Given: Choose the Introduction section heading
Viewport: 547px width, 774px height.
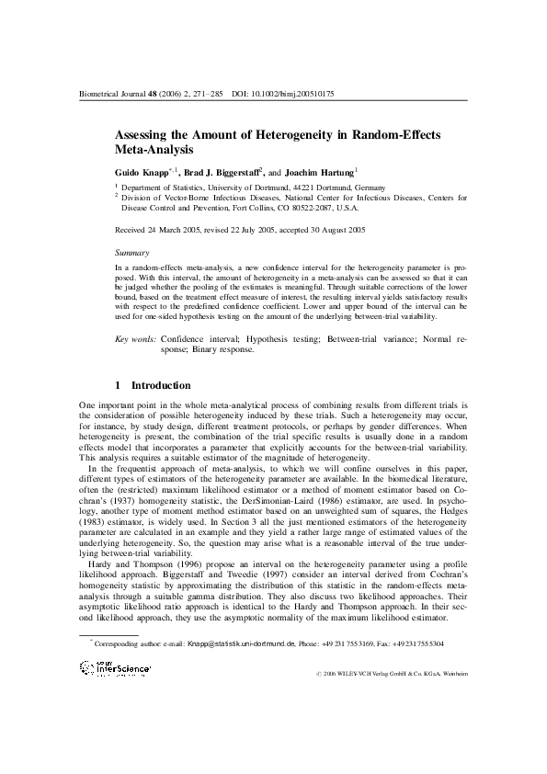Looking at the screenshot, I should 161,385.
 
